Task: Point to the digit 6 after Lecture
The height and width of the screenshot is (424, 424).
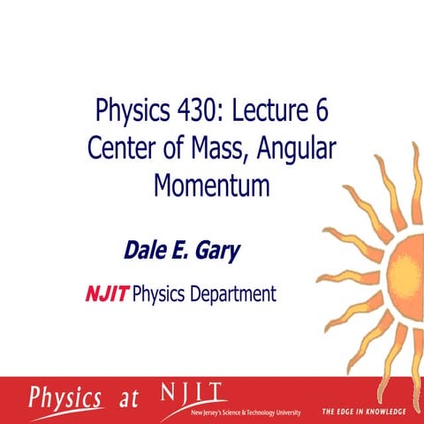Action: tap(329, 112)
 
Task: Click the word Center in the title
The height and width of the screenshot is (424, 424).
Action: tap(123, 148)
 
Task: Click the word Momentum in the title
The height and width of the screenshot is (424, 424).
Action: tap(211, 186)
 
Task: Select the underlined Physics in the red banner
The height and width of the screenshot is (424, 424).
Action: tap(68, 397)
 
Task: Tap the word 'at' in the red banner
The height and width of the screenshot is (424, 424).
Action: tap(129, 399)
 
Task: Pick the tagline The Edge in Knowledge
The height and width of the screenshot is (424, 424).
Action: tap(363, 412)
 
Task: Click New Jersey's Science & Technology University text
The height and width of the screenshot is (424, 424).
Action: tap(246, 413)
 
